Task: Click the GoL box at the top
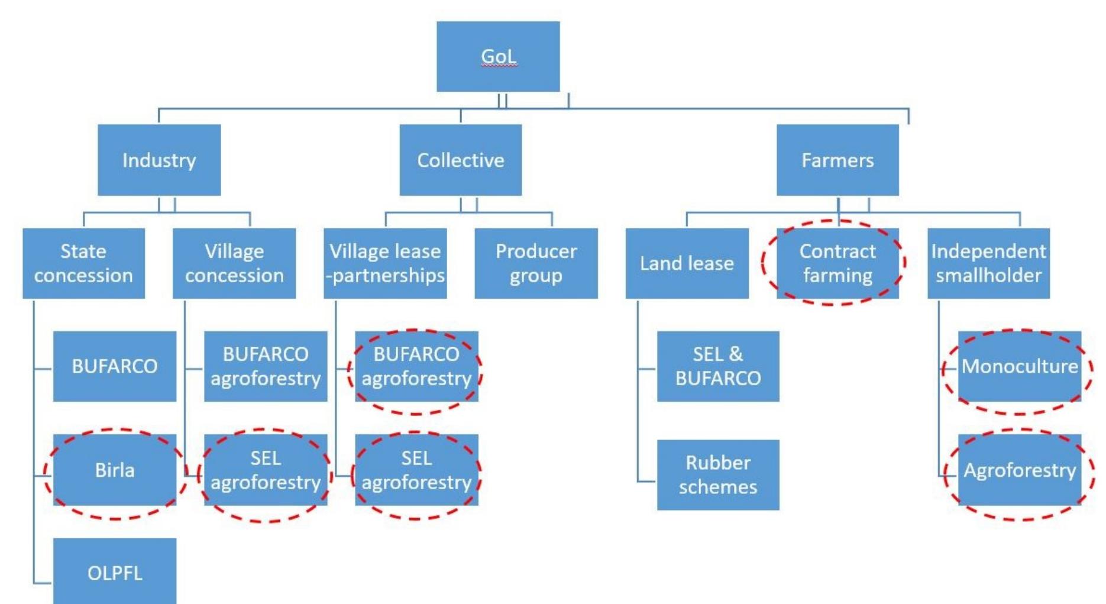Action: pyautogui.click(x=498, y=57)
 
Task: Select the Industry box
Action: pyautogui.click(x=159, y=160)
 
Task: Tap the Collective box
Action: pyautogui.click(x=460, y=160)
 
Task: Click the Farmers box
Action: pyautogui.click(x=837, y=160)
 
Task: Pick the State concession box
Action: pyautogui.click(x=83, y=263)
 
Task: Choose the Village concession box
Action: pyautogui.click(x=234, y=263)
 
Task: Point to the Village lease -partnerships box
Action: pyautogui.click(x=385, y=263)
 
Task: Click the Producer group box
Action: pyautogui.click(x=536, y=263)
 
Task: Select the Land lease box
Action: pyautogui.click(x=687, y=263)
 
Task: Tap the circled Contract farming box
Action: pyautogui.click(x=837, y=263)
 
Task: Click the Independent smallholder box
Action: pyautogui.click(x=988, y=263)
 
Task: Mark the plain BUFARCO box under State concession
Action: pyautogui.click(x=115, y=366)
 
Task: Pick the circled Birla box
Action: pyautogui.click(x=115, y=470)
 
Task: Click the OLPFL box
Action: pyautogui.click(x=115, y=572)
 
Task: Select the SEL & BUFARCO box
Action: pyautogui.click(x=718, y=366)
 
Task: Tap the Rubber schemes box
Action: pyautogui.click(x=718, y=474)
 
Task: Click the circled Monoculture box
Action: pyautogui.click(x=1020, y=366)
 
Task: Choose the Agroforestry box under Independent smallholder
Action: pyautogui.click(x=1020, y=470)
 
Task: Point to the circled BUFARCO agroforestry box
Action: pyautogui.click(x=416, y=366)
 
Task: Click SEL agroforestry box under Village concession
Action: pyautogui.click(x=266, y=470)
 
